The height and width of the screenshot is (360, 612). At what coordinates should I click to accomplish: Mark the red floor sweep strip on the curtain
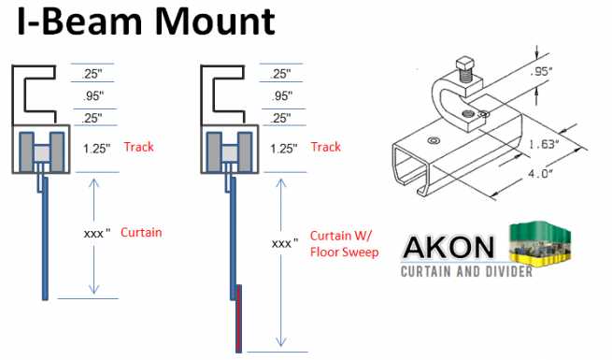(x=240, y=318)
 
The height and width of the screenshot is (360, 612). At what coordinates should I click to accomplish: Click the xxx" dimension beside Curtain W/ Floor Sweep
(x=285, y=242)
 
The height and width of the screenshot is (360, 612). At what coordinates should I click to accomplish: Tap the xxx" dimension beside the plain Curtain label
(x=90, y=232)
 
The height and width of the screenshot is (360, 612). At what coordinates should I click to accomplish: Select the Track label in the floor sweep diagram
(x=326, y=147)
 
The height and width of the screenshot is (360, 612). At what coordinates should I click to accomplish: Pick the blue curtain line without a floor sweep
(x=46, y=243)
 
